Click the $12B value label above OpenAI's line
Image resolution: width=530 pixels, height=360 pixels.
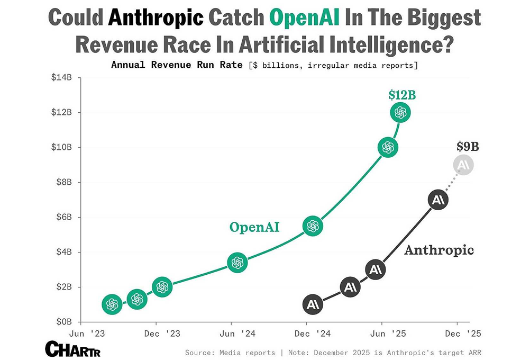tap(402, 95)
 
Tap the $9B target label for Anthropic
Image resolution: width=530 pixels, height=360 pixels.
tap(468, 147)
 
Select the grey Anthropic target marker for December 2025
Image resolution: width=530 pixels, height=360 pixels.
tap(463, 165)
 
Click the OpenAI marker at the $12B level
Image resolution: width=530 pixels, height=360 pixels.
tap(400, 112)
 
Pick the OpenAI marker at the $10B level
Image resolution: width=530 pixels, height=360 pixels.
tap(388, 148)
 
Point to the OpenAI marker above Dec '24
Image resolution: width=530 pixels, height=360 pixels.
tap(313, 226)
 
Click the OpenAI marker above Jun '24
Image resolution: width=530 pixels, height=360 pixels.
tap(237, 263)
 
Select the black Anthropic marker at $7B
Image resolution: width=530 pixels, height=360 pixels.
tap(438, 200)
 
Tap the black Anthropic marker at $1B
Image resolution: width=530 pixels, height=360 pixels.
tap(313, 304)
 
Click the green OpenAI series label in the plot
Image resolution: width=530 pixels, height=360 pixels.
tap(254, 227)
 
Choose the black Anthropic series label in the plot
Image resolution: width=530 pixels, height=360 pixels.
tap(439, 250)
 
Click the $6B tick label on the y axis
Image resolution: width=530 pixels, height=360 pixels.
tap(64, 217)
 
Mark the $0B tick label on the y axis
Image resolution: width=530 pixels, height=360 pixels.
tap(64, 321)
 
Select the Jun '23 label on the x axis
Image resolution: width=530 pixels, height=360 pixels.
tap(87, 334)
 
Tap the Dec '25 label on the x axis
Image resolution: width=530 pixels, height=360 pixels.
tap(463, 334)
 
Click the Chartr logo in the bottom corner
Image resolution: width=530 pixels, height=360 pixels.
tap(72, 349)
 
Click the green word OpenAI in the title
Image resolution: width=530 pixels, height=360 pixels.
tap(304, 17)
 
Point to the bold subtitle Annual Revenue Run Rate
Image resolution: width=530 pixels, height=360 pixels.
tap(177, 65)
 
